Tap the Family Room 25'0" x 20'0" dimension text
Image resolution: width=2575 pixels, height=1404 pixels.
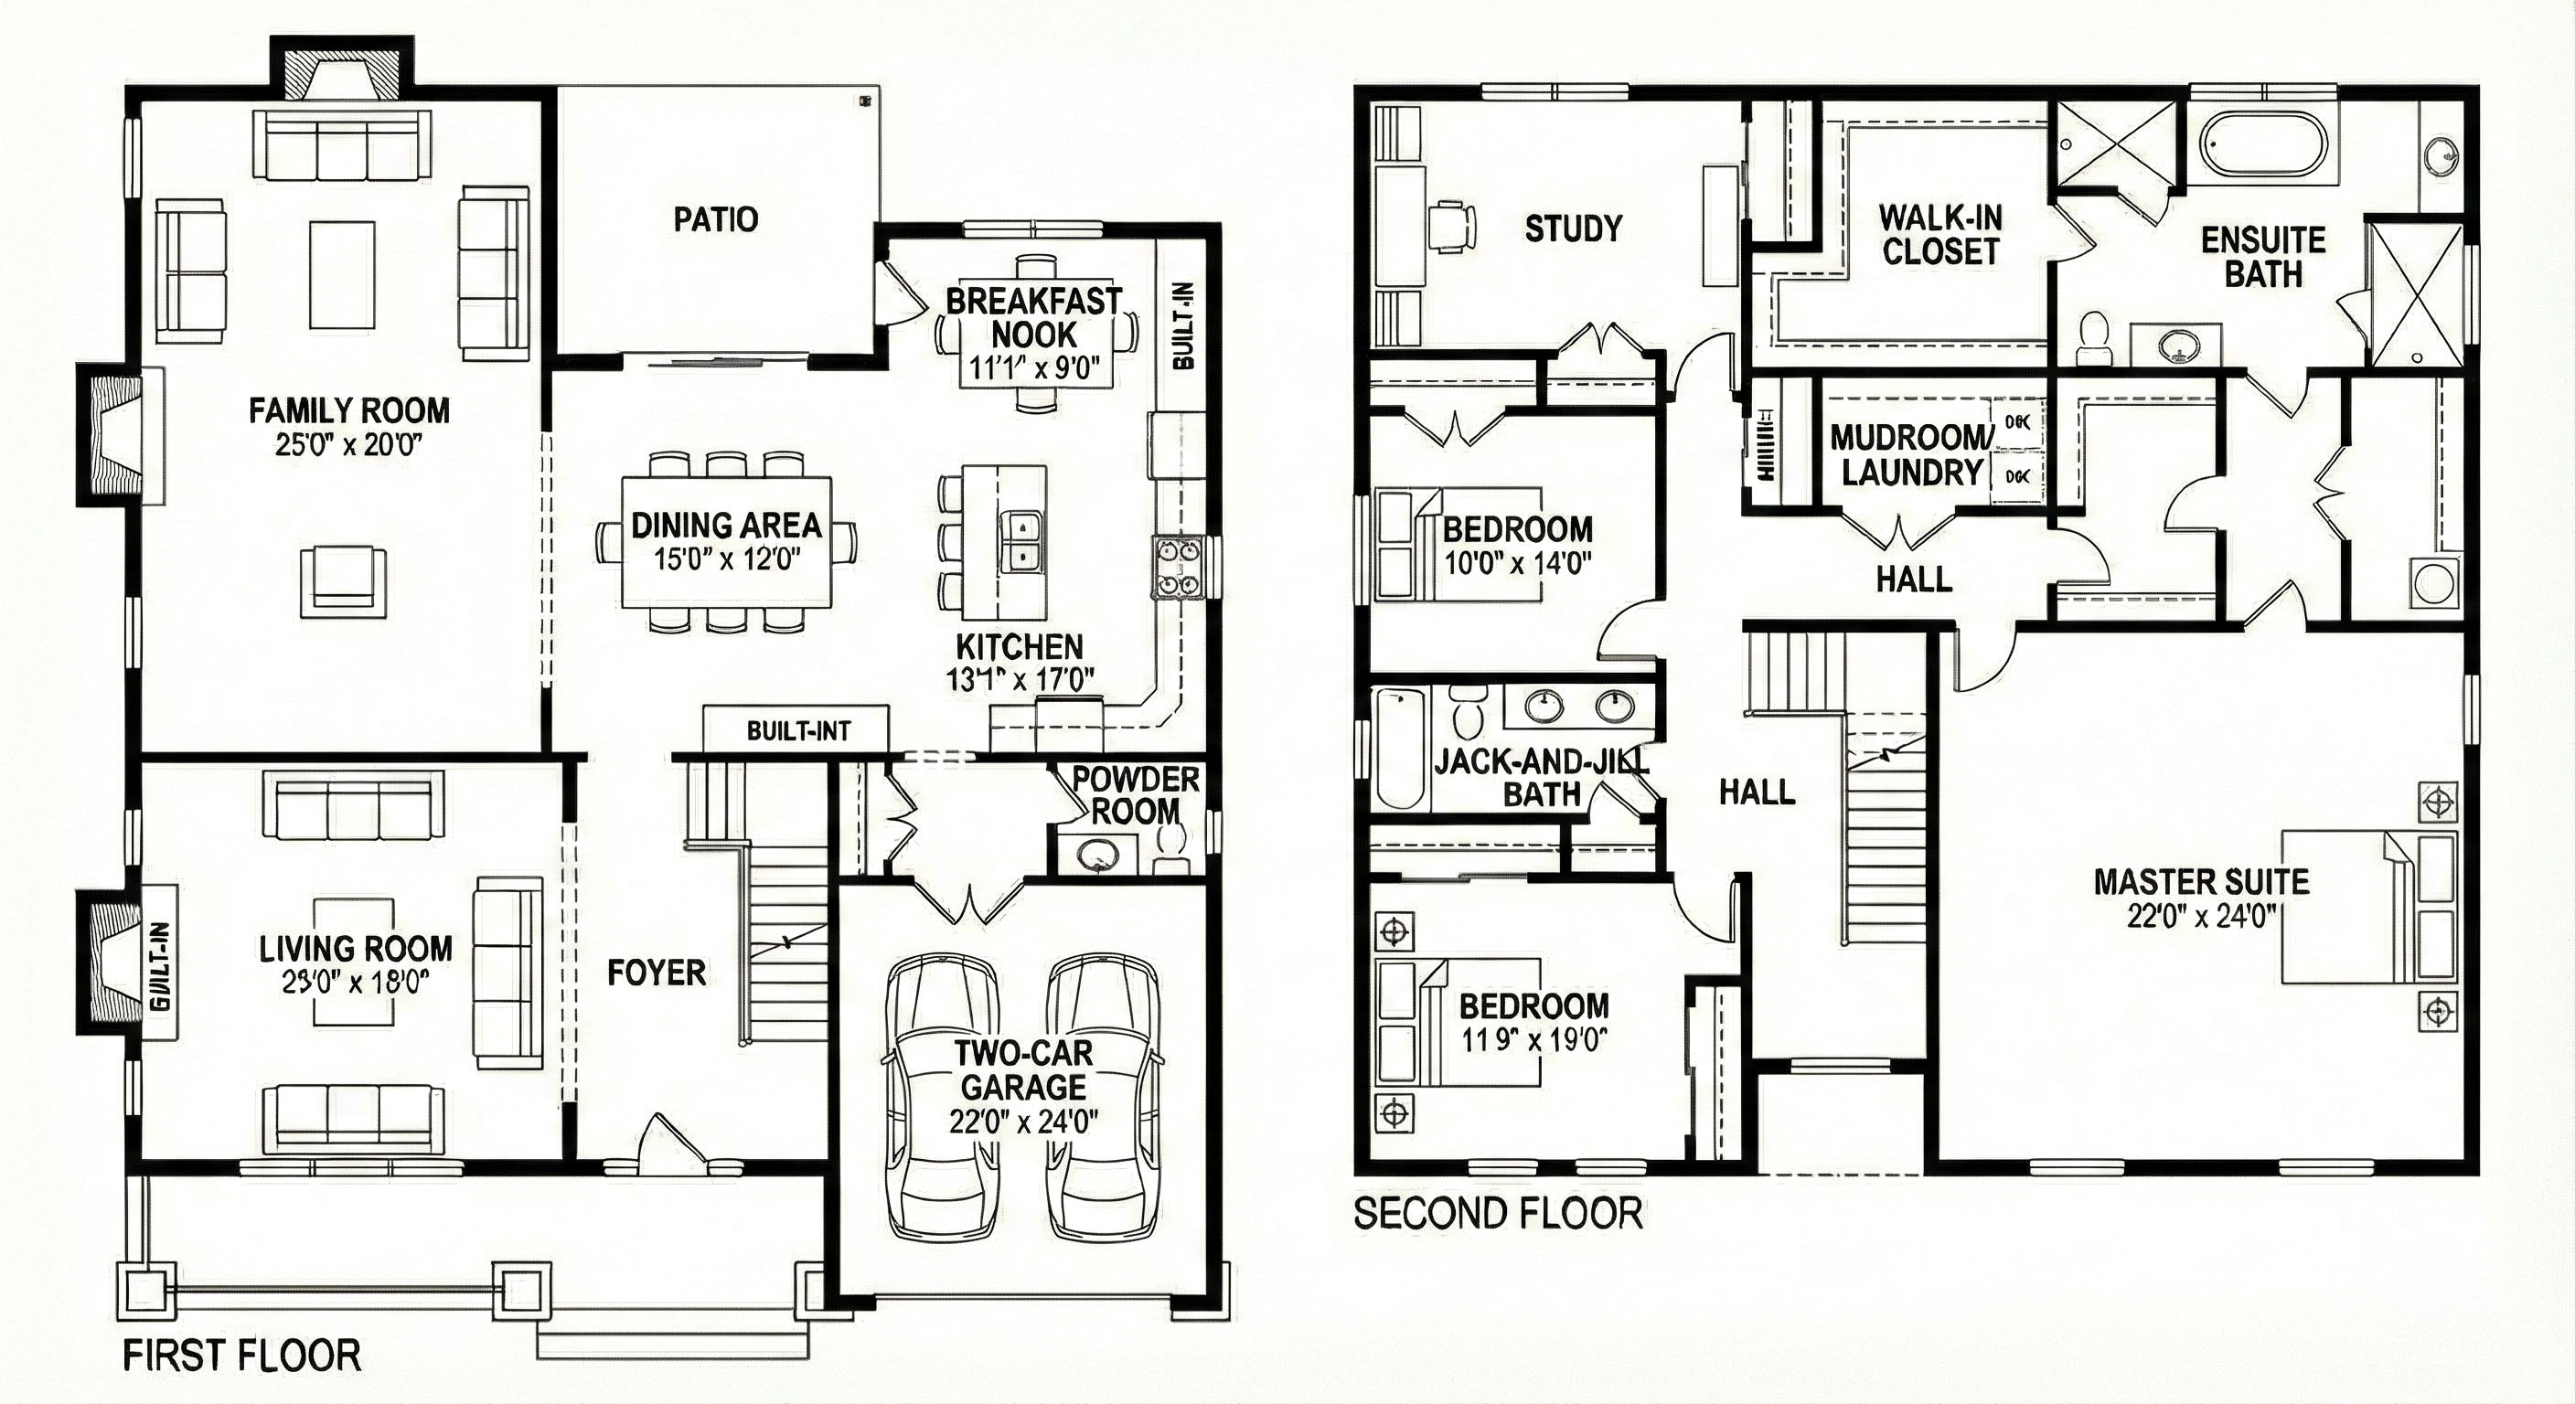349,444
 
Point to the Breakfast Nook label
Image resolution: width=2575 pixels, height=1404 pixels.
1033,318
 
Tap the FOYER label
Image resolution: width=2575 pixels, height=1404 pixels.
656,973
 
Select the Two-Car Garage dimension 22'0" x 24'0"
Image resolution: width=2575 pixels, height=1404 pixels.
1022,1122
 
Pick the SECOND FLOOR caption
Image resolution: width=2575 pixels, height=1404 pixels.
1498,1213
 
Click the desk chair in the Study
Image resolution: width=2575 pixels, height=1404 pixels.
1452,226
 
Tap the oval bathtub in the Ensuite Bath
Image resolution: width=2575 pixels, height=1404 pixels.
2262,147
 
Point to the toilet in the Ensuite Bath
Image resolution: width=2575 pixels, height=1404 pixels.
2092,335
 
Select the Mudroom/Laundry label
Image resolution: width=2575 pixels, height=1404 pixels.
1911,454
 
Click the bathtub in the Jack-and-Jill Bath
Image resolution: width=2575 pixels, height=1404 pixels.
1399,750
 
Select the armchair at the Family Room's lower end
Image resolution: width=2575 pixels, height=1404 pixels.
343,580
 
